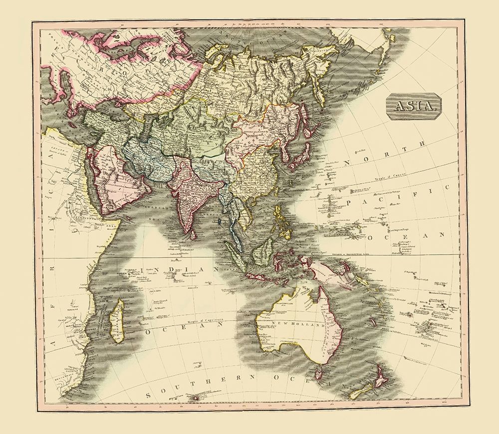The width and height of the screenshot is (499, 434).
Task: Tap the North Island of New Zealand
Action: [382, 375]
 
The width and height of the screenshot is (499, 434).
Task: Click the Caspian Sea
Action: [145, 131]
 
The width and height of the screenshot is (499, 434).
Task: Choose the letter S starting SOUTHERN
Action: [148, 394]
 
